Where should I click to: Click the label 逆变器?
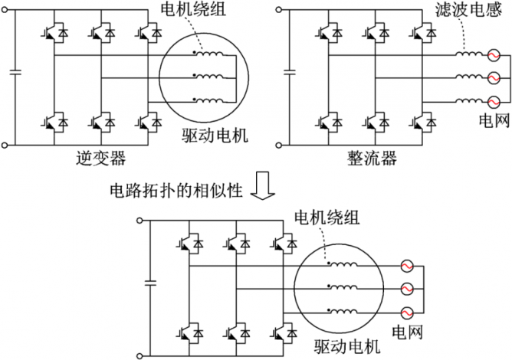pyautogui.click(x=100, y=159)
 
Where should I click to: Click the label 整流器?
pyautogui.click(x=372, y=159)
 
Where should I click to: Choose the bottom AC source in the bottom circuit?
pyautogui.click(x=407, y=312)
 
